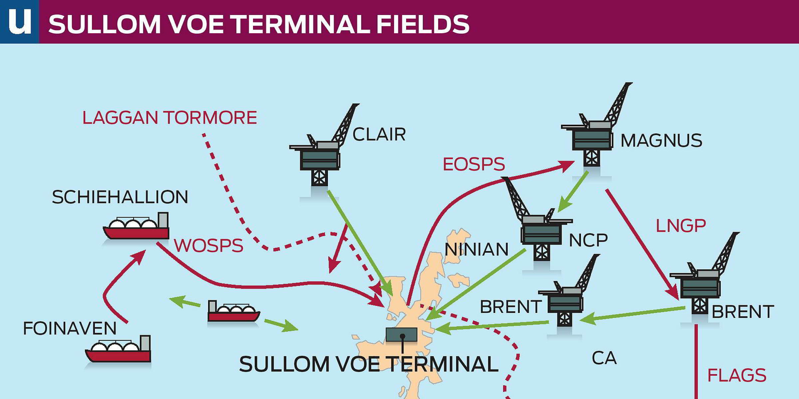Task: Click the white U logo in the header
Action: point(19,21)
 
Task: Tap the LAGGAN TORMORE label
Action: point(169,118)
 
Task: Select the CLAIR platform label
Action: point(379,135)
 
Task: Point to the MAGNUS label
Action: point(661,140)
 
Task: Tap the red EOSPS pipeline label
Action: point(473,164)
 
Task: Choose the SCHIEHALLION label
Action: point(120,197)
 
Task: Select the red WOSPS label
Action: point(208,246)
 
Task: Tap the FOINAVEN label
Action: point(70,328)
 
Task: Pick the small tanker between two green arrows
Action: point(233,312)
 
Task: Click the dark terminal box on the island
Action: point(401,334)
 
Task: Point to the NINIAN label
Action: point(476,249)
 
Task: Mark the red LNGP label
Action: point(680,226)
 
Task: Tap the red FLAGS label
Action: point(736,375)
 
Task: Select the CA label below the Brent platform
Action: point(604,358)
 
